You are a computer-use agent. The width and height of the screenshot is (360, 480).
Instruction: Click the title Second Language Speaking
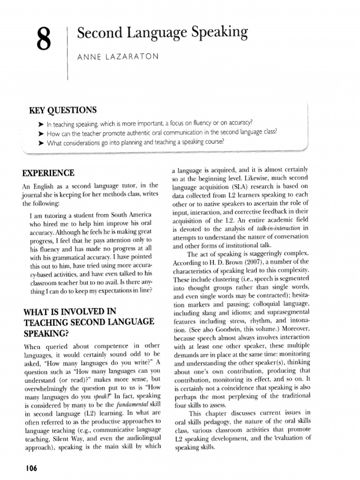point(162,32)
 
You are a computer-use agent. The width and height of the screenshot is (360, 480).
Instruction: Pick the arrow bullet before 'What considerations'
point(40,142)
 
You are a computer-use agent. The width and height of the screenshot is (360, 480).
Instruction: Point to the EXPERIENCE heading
point(48,172)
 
